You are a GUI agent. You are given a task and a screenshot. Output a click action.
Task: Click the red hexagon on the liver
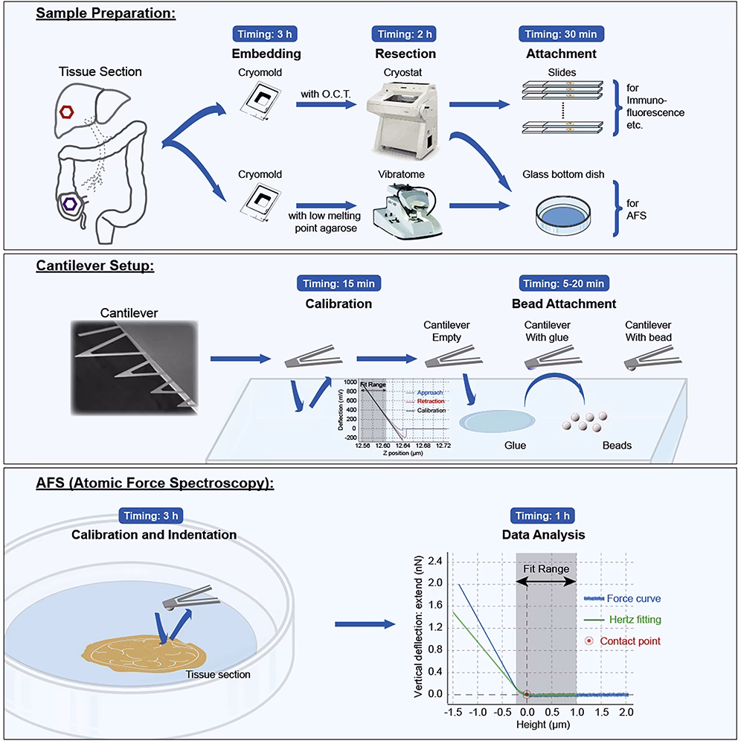coord(67,112)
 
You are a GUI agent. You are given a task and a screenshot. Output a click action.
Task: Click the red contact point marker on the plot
coord(527,695)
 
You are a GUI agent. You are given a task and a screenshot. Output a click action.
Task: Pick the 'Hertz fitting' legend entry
coord(632,619)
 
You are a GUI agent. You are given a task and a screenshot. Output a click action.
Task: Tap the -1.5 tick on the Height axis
coord(451,712)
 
